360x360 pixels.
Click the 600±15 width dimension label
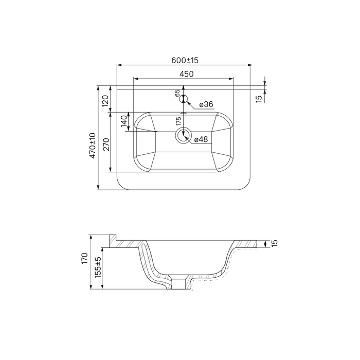185,60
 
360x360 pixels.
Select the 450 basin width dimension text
186,74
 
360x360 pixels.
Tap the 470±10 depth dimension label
93,146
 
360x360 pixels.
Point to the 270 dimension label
106,145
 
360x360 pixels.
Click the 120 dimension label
105,101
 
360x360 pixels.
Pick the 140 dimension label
124,121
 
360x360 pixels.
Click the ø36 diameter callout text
206,104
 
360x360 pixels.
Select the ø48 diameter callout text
201,139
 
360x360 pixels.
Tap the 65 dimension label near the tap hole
177,93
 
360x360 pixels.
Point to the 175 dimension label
178,121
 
